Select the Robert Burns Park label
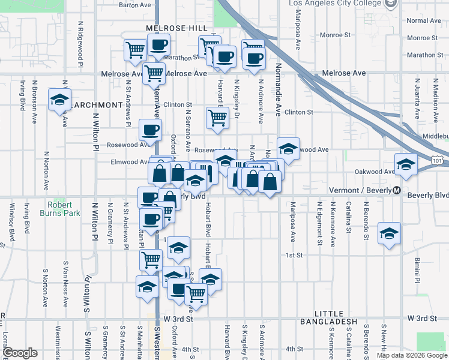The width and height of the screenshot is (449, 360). pyautogui.click(x=60, y=208)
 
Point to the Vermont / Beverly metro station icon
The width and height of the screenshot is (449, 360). pyautogui.click(x=397, y=190)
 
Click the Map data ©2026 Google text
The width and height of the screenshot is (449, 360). pyautogui.click(x=412, y=355)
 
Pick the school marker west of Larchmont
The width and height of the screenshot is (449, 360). pyautogui.click(x=59, y=100)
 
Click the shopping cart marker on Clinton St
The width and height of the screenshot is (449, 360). pyautogui.click(x=217, y=117)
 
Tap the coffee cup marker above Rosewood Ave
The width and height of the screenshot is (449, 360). pyautogui.click(x=150, y=129)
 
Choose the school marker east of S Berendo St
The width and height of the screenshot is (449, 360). pyautogui.click(x=389, y=233)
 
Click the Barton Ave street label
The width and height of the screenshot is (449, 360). pyautogui.click(x=135, y=5)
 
